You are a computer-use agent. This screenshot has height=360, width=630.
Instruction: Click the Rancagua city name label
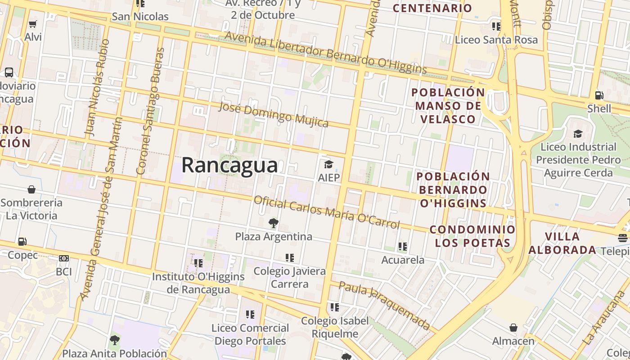coord(229,165)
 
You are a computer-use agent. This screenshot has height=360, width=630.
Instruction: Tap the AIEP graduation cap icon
coord(328,164)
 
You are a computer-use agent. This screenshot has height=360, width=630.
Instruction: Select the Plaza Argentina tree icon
coord(273,223)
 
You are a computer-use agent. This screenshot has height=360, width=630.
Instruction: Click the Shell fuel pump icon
coord(599,95)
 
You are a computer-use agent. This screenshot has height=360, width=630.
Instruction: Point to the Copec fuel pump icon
coord(22,242)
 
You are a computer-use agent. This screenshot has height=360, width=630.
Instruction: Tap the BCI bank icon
coord(64,258)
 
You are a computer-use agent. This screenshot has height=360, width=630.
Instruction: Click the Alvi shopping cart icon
coord(32,24)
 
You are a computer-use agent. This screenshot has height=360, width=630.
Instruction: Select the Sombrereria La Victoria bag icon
coord(31,189)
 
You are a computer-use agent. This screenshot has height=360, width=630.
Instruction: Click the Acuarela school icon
coord(402,247)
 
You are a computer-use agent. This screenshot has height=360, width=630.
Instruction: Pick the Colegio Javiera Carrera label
coord(289,278)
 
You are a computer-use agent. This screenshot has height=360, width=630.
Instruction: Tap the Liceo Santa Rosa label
coord(496,40)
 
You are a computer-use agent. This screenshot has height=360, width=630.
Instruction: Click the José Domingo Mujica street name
coord(273,115)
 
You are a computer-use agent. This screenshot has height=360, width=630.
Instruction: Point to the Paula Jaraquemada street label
coord(385,306)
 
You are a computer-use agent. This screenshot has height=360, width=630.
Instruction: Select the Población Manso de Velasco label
coord(448,106)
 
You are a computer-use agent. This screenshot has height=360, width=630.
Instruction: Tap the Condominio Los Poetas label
coord(472,236)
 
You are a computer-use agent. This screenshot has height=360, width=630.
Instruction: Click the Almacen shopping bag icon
coord(513,328)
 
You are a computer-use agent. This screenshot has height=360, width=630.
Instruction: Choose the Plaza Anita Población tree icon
coord(115,340)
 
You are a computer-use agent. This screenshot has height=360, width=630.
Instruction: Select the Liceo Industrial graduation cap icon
coord(578,134)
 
